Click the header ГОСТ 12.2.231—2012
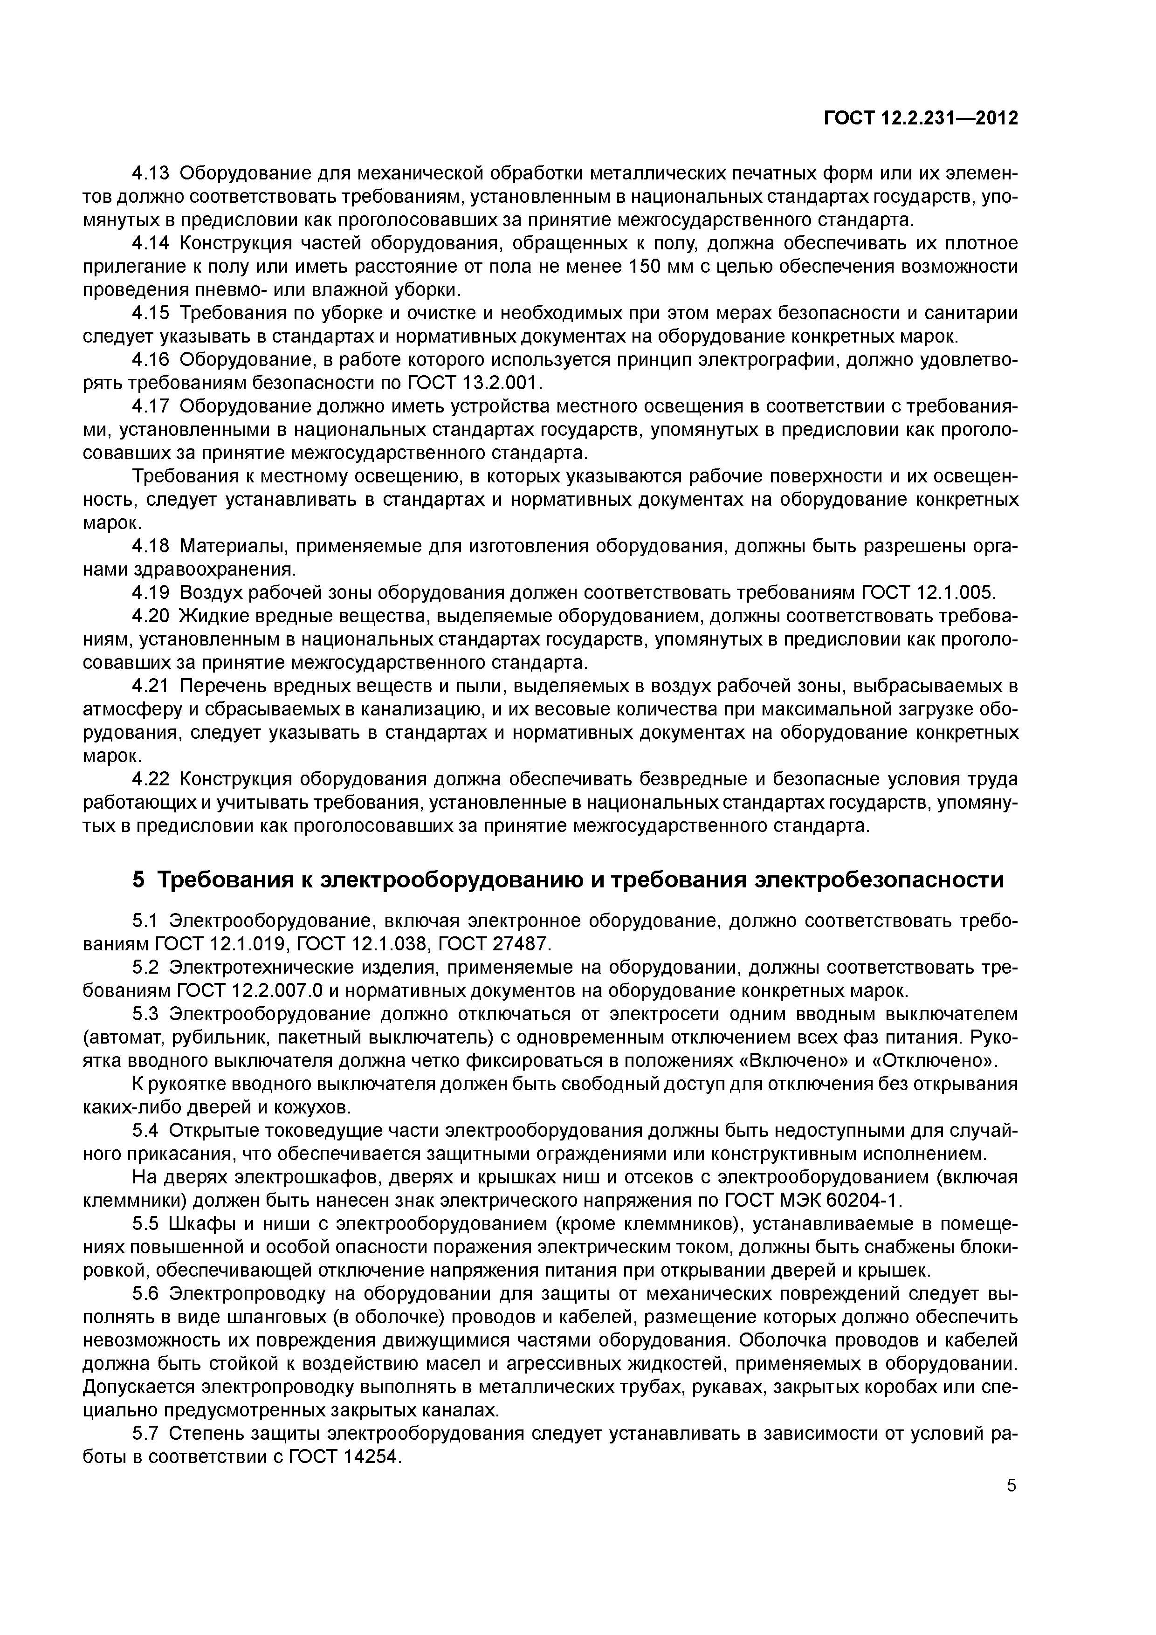tap(920, 118)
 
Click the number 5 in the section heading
tap(139, 880)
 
